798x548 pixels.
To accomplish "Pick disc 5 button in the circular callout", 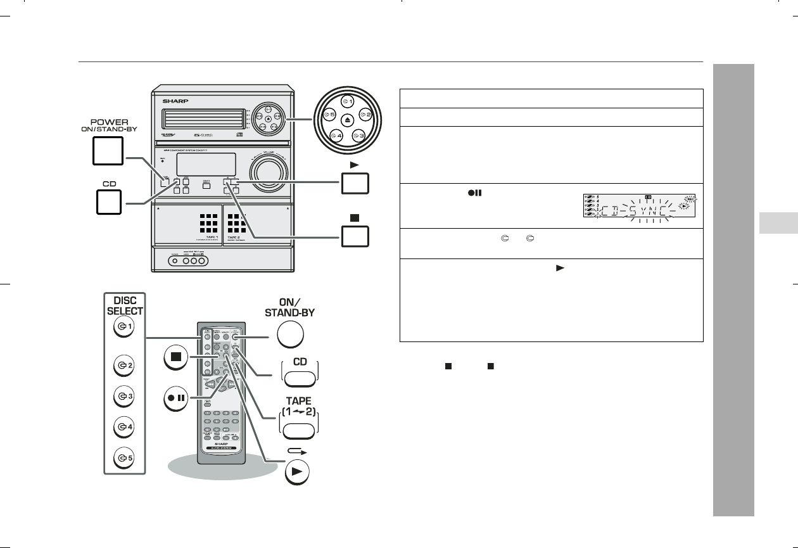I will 328,115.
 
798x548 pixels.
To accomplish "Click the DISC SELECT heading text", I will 125,305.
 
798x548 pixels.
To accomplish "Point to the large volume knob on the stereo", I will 269,171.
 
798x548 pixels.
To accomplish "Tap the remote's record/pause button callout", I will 177,402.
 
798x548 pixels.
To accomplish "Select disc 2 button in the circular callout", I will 364,115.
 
